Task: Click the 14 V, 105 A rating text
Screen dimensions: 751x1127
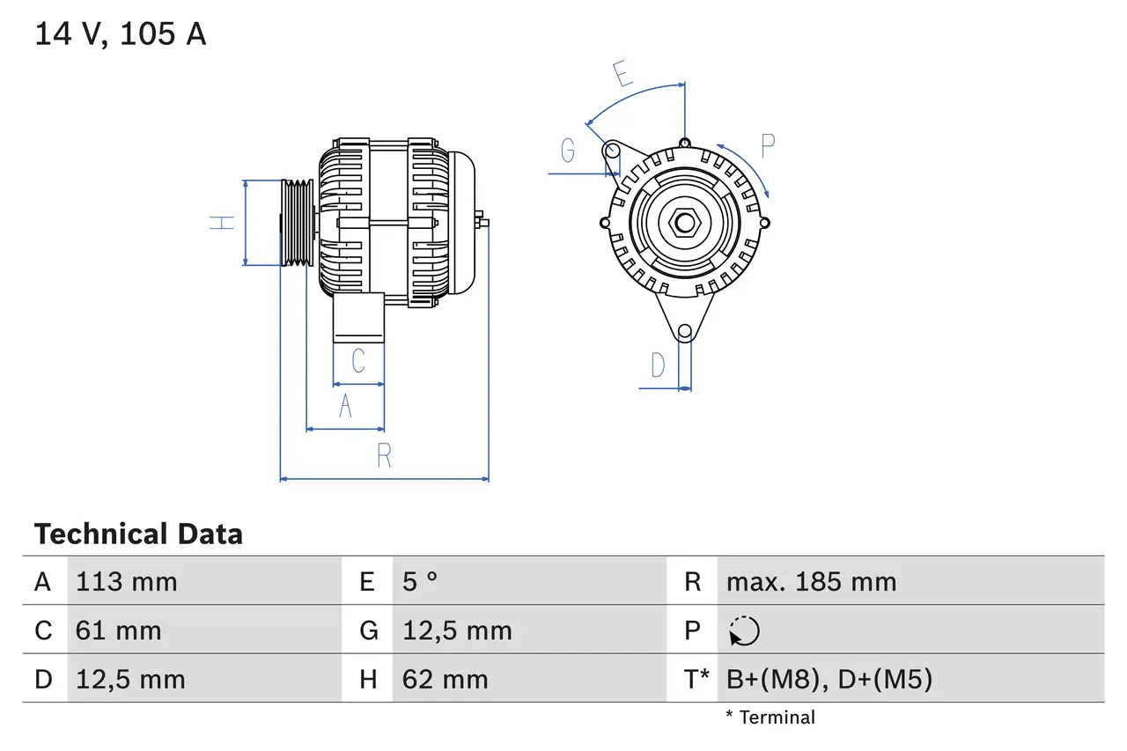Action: pyautogui.click(x=121, y=34)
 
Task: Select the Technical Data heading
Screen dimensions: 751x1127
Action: pyautogui.click(x=138, y=534)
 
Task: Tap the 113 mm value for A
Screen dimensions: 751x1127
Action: pyautogui.click(x=127, y=582)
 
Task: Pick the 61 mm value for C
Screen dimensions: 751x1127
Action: pyautogui.click(x=119, y=630)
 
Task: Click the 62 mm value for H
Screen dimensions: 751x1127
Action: pyautogui.click(x=445, y=680)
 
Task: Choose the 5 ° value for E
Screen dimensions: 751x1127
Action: pyautogui.click(x=420, y=582)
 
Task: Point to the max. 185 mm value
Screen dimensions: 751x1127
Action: pyautogui.click(x=811, y=582)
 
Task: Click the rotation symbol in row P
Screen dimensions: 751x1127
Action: pyautogui.click(x=744, y=631)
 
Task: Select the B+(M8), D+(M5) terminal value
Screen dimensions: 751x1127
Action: pyautogui.click(x=829, y=680)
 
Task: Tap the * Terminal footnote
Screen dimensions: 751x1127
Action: pyautogui.click(x=770, y=718)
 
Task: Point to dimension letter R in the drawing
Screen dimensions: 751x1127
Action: pyautogui.click(x=384, y=456)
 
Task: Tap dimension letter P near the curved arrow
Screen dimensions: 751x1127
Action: pyautogui.click(x=768, y=146)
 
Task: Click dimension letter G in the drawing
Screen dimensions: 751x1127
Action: pyautogui.click(x=568, y=151)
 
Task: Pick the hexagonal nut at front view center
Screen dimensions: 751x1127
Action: pyautogui.click(x=684, y=223)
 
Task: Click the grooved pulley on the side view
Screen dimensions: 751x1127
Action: pyautogui.click(x=297, y=223)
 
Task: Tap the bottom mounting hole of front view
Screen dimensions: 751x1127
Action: pyautogui.click(x=685, y=332)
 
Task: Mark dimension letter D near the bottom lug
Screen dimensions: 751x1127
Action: pyautogui.click(x=658, y=365)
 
